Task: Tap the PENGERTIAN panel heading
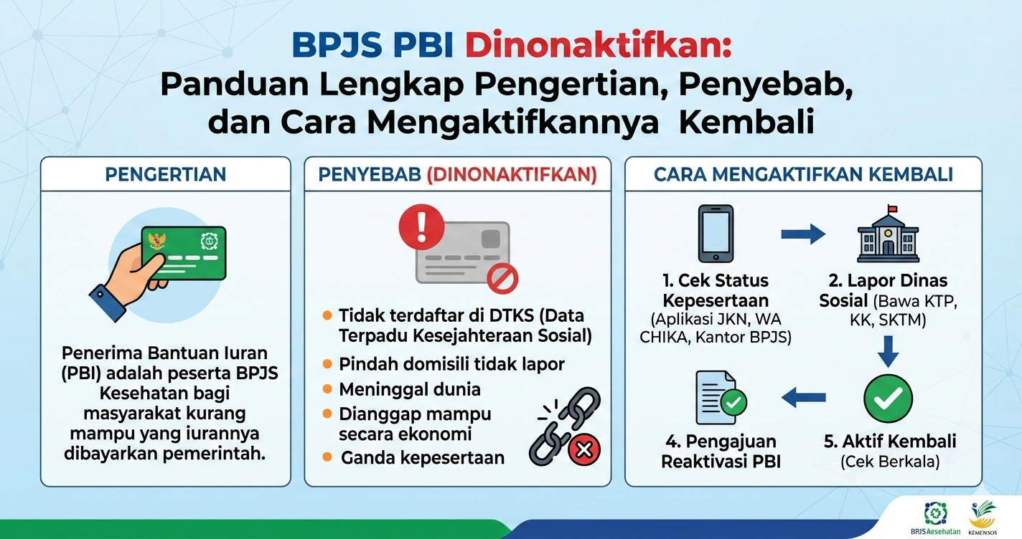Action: [x=166, y=174]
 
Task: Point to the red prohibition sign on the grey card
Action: [x=502, y=279]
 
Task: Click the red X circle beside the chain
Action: [x=583, y=449]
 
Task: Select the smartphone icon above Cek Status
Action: [x=716, y=234]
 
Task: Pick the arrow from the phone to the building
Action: [x=803, y=233]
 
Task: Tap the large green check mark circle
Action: [x=889, y=399]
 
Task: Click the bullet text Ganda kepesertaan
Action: [x=423, y=457]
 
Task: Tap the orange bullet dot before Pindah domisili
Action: [x=327, y=364]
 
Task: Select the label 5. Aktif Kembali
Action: [x=890, y=441]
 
